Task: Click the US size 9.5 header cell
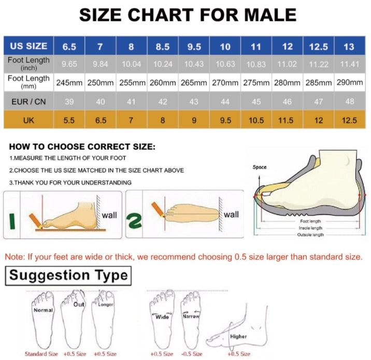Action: click(194, 47)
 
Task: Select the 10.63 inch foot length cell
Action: click(225, 64)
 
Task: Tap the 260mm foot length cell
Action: click(162, 82)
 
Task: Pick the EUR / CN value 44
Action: click(225, 102)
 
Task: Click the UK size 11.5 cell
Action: click(287, 120)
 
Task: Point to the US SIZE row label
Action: click(29, 47)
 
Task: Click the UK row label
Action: click(29, 120)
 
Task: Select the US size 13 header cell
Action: click(349, 47)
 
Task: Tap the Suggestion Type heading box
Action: click(68, 275)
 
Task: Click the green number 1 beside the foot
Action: click(12, 220)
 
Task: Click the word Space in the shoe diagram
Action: click(260, 167)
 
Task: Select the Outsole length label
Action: click(310, 235)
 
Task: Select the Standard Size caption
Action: click(41, 354)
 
